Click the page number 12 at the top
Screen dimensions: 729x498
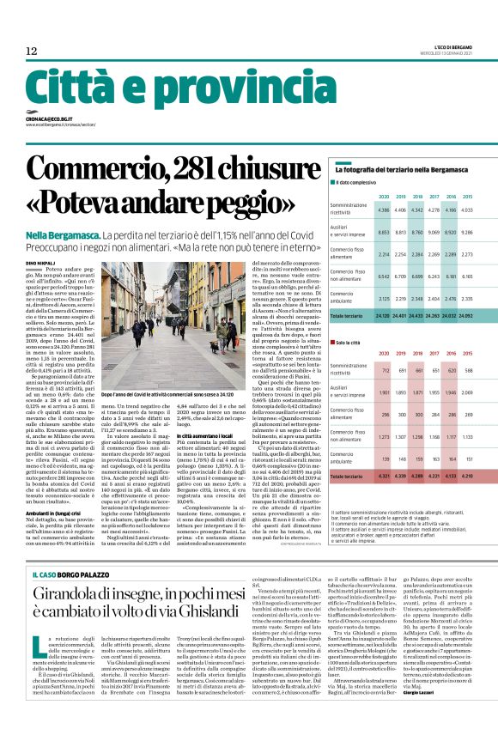pos(31,52)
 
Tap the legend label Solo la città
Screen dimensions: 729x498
pos(355,342)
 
